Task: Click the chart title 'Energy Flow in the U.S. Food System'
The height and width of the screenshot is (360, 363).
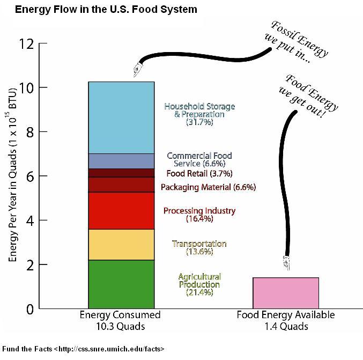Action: (x=98, y=9)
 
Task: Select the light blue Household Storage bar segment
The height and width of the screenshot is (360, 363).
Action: (x=121, y=117)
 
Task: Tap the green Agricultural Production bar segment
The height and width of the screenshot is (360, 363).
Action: (x=121, y=284)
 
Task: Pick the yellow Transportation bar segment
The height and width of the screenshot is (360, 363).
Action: (x=121, y=245)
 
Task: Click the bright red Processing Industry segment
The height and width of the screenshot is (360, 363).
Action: (x=121, y=211)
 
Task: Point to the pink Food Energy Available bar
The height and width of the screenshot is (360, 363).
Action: (x=286, y=293)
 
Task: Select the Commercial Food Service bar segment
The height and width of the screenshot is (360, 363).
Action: (x=121, y=161)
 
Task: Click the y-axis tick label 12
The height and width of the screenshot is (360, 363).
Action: (x=25, y=44)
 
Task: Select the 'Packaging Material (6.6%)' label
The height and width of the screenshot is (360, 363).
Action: (x=208, y=187)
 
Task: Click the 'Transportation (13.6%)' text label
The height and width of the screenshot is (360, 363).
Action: (x=199, y=247)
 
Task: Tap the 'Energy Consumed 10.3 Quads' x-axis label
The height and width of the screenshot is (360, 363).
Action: (x=120, y=320)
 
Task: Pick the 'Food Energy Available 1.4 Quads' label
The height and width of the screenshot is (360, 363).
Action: (x=286, y=320)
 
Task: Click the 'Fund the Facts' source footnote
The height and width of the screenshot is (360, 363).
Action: (x=83, y=349)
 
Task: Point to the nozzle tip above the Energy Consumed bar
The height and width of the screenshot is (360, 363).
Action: (x=136, y=70)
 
